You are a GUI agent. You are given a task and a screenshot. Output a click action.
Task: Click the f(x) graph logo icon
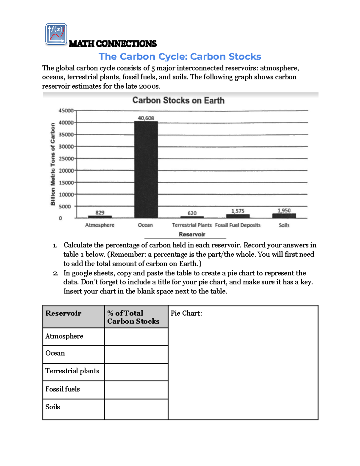(x=56, y=34)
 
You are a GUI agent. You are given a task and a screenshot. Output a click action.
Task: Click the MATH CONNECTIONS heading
(x=112, y=44)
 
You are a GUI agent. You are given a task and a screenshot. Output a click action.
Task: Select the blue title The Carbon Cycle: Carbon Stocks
(x=180, y=56)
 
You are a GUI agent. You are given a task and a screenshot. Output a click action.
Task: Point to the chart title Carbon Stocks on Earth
(x=178, y=100)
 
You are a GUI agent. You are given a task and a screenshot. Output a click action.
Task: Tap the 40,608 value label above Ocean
(x=146, y=118)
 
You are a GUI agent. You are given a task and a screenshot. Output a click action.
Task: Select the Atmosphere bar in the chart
(x=100, y=217)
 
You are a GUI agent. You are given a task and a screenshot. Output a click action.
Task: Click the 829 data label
(x=100, y=212)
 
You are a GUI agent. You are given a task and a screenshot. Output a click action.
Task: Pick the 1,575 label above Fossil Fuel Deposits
(x=238, y=211)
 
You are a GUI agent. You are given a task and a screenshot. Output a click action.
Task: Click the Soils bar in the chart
(x=284, y=216)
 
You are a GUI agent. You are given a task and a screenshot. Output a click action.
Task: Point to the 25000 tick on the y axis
(x=66, y=158)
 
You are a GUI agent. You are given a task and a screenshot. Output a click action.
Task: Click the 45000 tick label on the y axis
(x=66, y=110)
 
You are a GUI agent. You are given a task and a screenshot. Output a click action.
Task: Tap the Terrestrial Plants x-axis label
(x=192, y=225)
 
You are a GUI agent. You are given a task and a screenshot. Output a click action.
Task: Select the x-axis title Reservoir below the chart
(x=192, y=234)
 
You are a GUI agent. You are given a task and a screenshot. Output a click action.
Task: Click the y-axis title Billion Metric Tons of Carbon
(x=53, y=164)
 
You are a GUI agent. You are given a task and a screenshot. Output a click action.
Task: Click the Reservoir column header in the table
(x=64, y=313)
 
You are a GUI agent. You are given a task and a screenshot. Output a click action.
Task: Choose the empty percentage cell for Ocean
(x=136, y=354)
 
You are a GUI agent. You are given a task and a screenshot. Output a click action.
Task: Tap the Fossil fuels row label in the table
(x=63, y=389)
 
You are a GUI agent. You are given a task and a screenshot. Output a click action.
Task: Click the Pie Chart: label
(x=186, y=313)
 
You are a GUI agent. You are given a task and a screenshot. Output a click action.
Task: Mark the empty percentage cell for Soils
(x=136, y=409)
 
